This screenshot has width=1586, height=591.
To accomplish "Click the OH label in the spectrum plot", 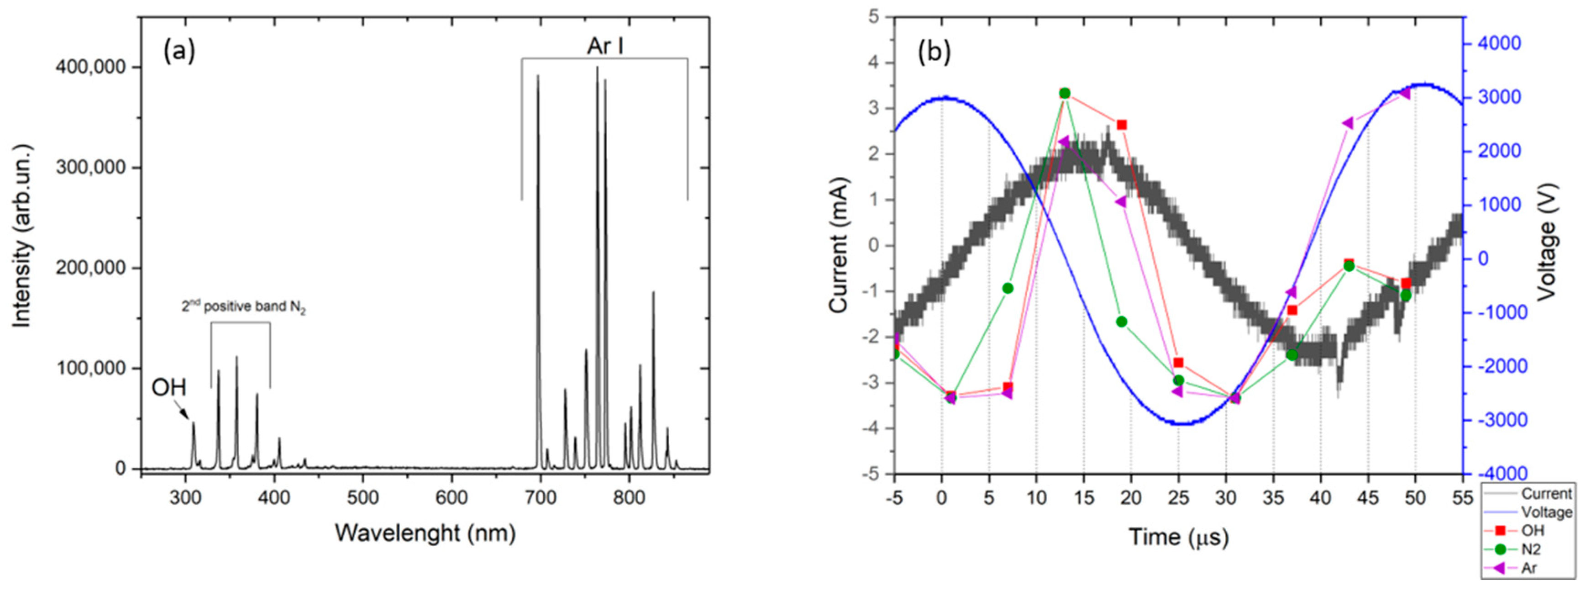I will coord(169,387).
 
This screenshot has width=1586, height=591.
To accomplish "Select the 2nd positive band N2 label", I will coord(243,306).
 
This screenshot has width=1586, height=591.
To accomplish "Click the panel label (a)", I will coord(179,52).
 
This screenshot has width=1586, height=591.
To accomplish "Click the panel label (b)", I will coord(934,53).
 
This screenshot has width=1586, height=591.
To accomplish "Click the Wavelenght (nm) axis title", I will coord(425,533).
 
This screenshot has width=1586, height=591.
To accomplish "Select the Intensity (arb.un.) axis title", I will coord(22,237).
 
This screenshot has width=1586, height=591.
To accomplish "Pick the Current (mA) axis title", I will coord(839,245).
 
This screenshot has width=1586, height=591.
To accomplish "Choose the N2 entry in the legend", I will coord(1530,549).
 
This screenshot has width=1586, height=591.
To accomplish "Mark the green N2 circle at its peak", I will coord(1065,93).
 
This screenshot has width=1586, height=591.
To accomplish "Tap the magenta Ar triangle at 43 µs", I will coord(1348,123).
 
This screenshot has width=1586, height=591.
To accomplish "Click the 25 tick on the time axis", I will coord(1178,497).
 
